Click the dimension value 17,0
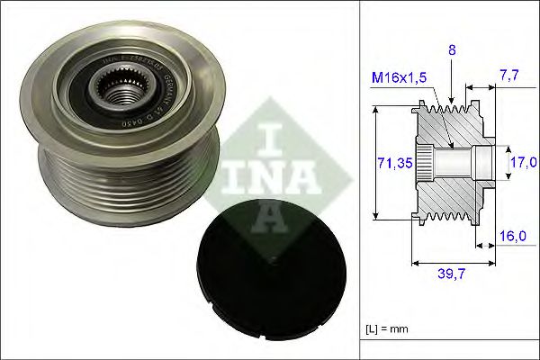pos(521,162)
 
